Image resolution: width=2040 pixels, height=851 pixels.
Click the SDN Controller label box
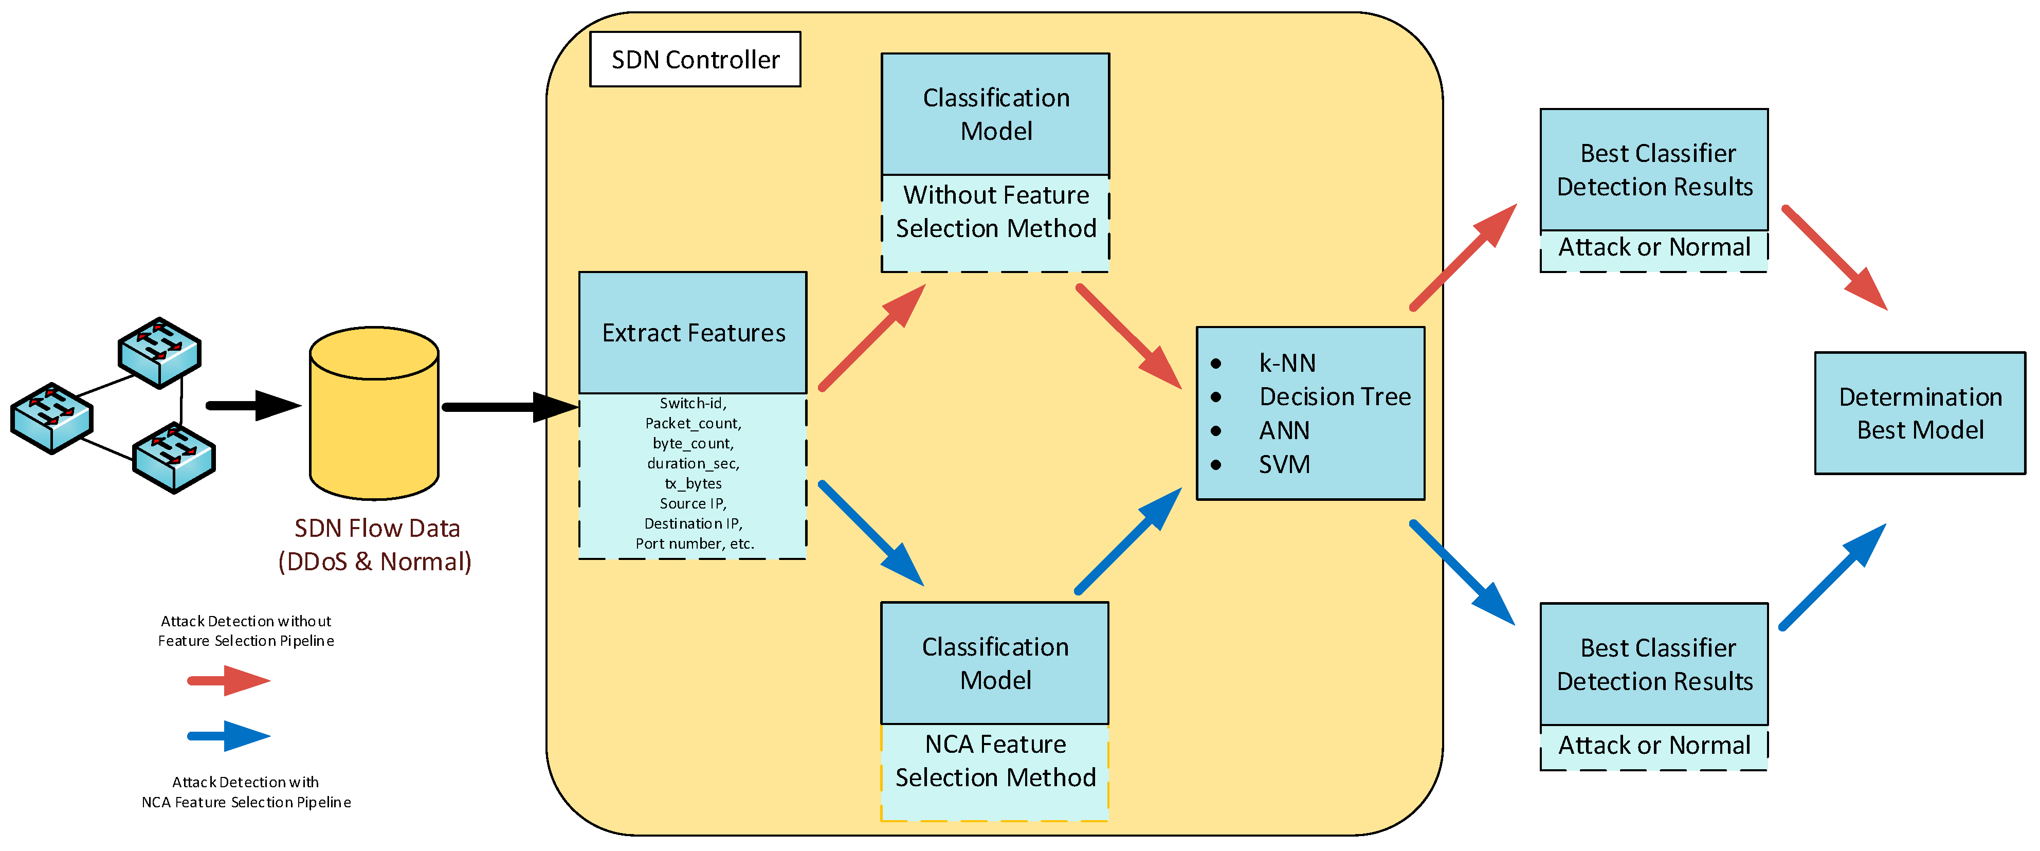pos(695,60)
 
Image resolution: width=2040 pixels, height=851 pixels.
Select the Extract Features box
pos(693,333)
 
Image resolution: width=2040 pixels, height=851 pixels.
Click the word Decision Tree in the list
pos(1335,396)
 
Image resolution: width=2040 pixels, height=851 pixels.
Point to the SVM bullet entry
pos(1284,464)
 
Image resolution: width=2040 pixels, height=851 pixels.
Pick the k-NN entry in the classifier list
pos(1287,363)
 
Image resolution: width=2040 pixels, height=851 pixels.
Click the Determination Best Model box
pos(1920,413)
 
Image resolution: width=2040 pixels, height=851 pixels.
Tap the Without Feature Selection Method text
pos(995,211)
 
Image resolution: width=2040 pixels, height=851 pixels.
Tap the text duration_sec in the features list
pos(693,463)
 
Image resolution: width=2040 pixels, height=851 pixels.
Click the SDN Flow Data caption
pos(376,545)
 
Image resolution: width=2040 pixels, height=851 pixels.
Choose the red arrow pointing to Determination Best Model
pos(1834,258)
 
